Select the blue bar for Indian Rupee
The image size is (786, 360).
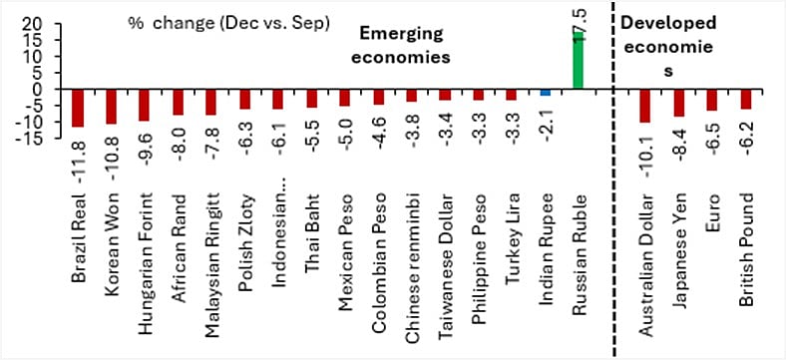click(x=545, y=93)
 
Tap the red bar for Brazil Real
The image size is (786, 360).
click(x=78, y=108)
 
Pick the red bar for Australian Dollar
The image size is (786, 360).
click(x=644, y=106)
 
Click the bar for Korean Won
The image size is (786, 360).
click(x=111, y=107)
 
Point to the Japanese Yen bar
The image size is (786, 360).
click(x=678, y=103)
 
